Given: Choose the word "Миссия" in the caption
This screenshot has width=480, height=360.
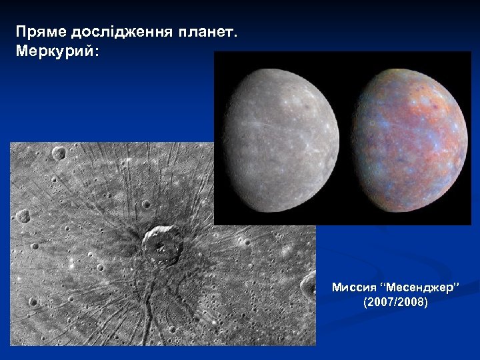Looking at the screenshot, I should (x=353, y=288).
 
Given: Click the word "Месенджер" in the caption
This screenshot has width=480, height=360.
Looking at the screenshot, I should (x=419, y=288).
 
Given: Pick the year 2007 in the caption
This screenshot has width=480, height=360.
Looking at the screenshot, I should (x=379, y=303).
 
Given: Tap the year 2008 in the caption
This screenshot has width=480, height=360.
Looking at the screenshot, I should (x=413, y=303).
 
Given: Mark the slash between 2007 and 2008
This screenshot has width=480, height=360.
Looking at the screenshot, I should (x=396, y=303).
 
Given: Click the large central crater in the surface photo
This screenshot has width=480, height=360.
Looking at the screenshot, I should (x=162, y=245).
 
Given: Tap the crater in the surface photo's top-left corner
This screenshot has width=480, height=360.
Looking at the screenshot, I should (x=59, y=153).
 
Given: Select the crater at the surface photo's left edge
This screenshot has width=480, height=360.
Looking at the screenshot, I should (x=23, y=216).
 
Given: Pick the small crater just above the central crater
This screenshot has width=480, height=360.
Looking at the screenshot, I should (x=146, y=205).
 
